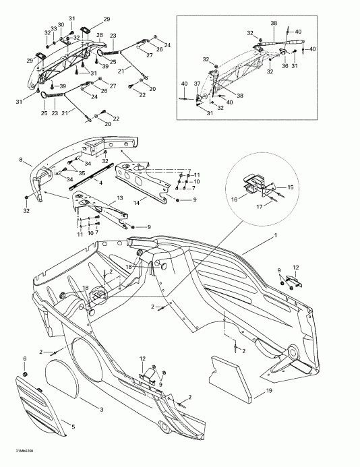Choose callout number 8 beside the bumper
click(x=21, y=160)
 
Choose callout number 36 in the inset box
click(x=284, y=65)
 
